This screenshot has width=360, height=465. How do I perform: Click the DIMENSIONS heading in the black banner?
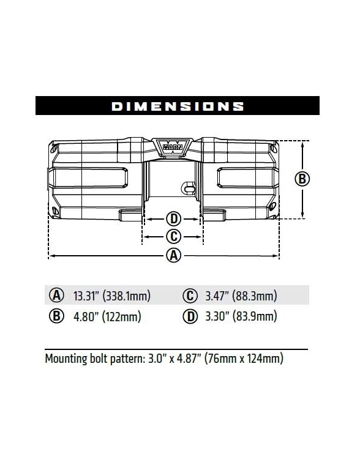pyautogui.click(x=178, y=106)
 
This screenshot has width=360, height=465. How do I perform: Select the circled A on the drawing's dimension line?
pyautogui.click(x=174, y=256)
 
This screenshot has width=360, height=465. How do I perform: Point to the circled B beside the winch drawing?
pyautogui.click(x=302, y=179)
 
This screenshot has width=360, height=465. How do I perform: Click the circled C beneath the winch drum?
pyautogui.click(x=173, y=237)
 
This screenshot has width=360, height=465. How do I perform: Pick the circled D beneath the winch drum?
pyautogui.click(x=173, y=219)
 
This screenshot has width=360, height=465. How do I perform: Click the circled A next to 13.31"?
pyautogui.click(x=57, y=296)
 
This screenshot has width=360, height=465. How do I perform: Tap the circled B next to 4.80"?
pyautogui.click(x=57, y=316)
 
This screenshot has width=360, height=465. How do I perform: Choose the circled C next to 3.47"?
pyautogui.click(x=190, y=296)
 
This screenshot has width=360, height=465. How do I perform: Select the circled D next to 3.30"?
pyautogui.click(x=190, y=316)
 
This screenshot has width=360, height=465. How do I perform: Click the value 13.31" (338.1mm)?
pyautogui.click(x=112, y=297)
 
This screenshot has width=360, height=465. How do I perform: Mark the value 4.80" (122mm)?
pyautogui.click(x=108, y=317)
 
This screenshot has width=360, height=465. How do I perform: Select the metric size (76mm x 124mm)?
pyautogui.click(x=247, y=359)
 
